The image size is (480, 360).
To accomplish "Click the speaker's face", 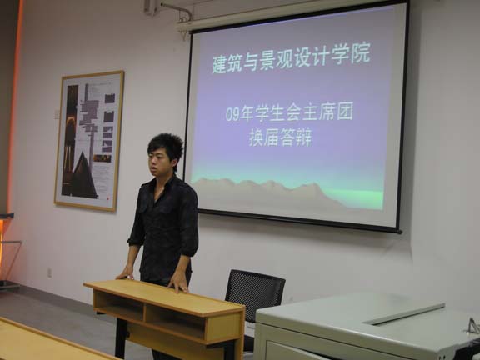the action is click(157, 162).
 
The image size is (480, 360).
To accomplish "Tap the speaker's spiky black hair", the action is click(166, 146).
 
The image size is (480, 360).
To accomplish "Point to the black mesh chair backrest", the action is click(255, 293).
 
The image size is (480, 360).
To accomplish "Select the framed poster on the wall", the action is click(89, 141).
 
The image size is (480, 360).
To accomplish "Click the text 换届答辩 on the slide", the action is click(280, 137).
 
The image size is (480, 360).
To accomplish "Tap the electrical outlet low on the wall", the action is click(49, 272).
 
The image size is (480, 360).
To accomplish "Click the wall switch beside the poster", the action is click(57, 114).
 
